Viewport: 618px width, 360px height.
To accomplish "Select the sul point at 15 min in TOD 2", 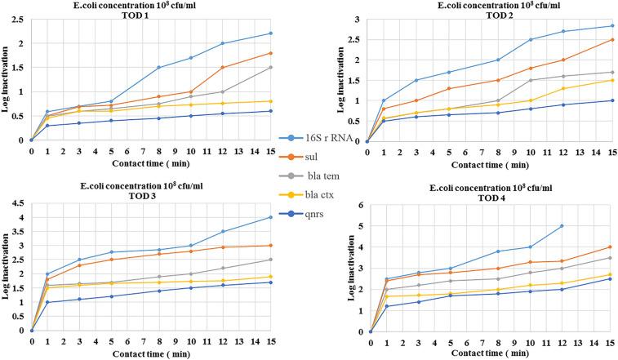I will click(589, 39).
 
